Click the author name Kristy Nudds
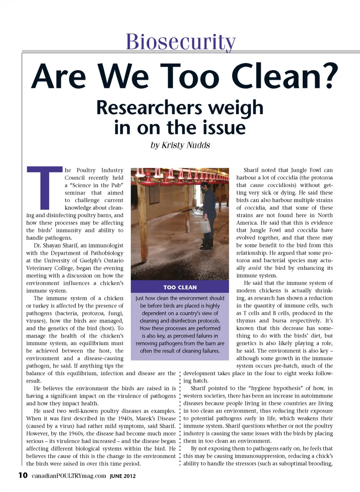point(186,145)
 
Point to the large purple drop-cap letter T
point(44,187)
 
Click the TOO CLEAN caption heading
point(180,287)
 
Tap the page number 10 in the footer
point(23,476)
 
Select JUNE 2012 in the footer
point(123,476)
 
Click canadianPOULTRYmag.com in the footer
point(69,476)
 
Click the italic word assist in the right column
point(255,268)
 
